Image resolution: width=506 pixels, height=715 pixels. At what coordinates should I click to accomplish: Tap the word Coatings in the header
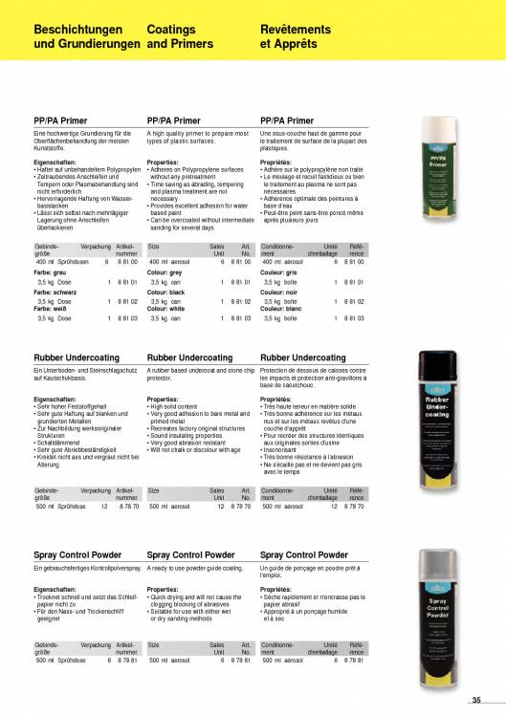(171, 30)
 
